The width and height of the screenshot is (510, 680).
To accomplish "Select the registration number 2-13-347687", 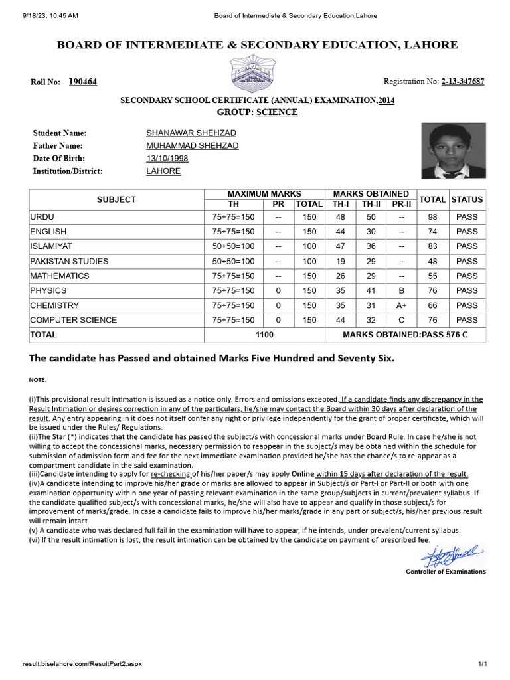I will (462, 81).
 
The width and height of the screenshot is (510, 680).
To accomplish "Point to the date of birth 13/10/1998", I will (167, 158).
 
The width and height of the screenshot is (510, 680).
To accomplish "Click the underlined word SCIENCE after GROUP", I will (277, 112).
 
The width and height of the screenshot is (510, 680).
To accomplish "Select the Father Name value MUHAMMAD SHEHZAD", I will (192, 145).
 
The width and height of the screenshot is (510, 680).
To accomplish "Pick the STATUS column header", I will (467, 199).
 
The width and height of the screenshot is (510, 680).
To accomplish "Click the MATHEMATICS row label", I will (60, 276).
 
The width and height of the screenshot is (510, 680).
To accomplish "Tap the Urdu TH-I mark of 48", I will (341, 217).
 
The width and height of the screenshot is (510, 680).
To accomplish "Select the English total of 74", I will (432, 232).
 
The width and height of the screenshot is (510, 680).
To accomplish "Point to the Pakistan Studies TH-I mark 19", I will (341, 261).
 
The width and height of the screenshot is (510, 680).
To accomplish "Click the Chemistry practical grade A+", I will (401, 305).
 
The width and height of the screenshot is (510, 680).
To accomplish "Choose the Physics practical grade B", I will (401, 290).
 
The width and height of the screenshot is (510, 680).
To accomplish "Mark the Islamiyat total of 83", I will (432, 246).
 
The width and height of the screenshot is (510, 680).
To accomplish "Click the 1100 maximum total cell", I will (264, 335).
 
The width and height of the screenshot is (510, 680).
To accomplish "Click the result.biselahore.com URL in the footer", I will (82, 664).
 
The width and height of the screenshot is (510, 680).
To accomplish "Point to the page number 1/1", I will (483, 664).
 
